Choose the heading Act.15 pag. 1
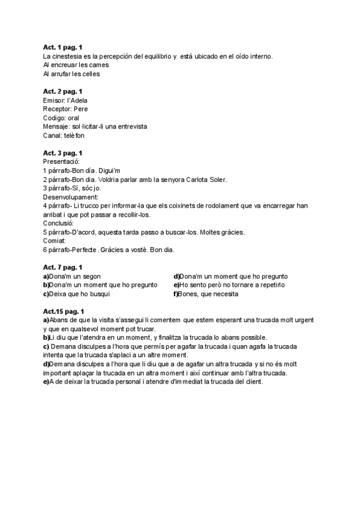64,311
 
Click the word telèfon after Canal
76,136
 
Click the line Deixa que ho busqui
83,294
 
